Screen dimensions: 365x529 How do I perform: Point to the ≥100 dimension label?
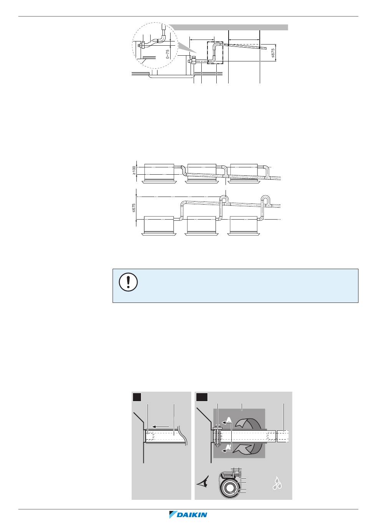tap(134, 169)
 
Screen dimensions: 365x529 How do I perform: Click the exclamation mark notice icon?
tap(125, 283)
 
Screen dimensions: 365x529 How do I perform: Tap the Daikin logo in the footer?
tap(188, 515)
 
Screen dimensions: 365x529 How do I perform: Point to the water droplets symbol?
tap(277, 483)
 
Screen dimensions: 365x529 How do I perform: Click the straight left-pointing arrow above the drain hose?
tap(160, 426)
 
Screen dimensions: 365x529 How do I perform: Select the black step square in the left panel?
tap(137, 396)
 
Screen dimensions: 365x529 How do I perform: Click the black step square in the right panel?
tap(202, 396)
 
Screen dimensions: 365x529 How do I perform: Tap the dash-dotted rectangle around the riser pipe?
tap(215, 53)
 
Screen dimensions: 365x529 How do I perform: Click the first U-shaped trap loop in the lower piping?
tap(224, 200)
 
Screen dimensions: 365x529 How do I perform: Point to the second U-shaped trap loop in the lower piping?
tap(265, 200)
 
